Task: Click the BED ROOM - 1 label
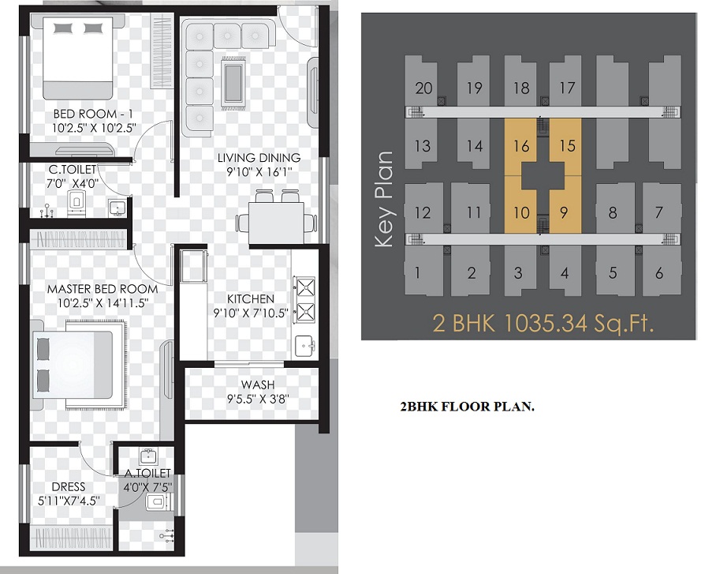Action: (x=93, y=114)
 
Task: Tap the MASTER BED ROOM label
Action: (x=103, y=288)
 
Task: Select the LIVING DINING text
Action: (x=259, y=158)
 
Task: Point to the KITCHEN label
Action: (x=251, y=299)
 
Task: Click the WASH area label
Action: (x=258, y=385)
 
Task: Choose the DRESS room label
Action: (x=69, y=486)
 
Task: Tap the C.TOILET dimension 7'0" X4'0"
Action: (x=73, y=184)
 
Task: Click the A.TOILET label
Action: (x=147, y=473)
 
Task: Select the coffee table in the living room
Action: (x=233, y=83)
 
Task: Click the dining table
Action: (x=277, y=223)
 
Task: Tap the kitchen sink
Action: (x=305, y=346)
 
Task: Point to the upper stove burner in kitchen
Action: (x=304, y=287)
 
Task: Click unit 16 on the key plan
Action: (x=521, y=146)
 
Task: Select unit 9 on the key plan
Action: (x=564, y=212)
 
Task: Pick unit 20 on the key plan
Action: (x=423, y=88)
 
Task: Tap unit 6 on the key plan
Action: (x=659, y=273)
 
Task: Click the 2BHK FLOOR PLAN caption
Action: (x=467, y=407)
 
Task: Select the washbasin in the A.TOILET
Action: (x=147, y=456)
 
